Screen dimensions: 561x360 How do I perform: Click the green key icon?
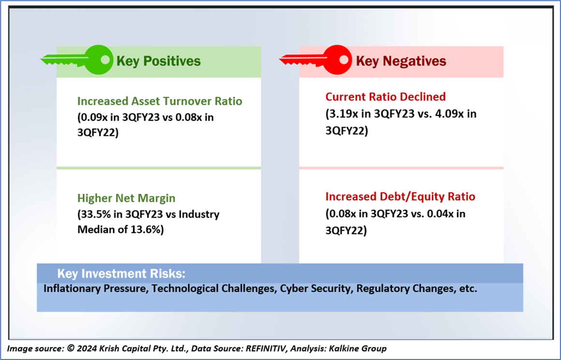(x=77, y=60)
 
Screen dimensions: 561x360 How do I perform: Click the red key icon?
(x=315, y=60)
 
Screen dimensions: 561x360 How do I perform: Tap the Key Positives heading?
(x=159, y=61)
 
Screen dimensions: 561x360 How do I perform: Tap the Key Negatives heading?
(x=401, y=61)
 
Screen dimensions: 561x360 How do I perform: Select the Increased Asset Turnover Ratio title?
(x=160, y=101)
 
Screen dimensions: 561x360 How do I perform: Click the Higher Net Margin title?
(x=126, y=198)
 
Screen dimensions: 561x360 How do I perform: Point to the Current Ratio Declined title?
(x=386, y=97)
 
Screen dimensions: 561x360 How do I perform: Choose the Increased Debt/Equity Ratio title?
(x=400, y=197)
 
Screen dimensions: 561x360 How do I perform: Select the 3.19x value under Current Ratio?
(x=343, y=114)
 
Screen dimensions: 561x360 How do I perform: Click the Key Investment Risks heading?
(x=121, y=274)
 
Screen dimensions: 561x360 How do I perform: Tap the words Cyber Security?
(x=315, y=288)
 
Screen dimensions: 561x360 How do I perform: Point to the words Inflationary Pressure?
(x=95, y=288)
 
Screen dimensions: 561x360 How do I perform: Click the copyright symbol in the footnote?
(x=71, y=348)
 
